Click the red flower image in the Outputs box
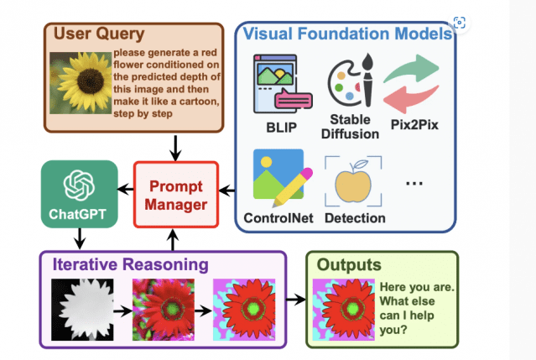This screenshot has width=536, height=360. pos(341,304)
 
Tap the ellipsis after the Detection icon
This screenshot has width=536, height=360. pos(416,182)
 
